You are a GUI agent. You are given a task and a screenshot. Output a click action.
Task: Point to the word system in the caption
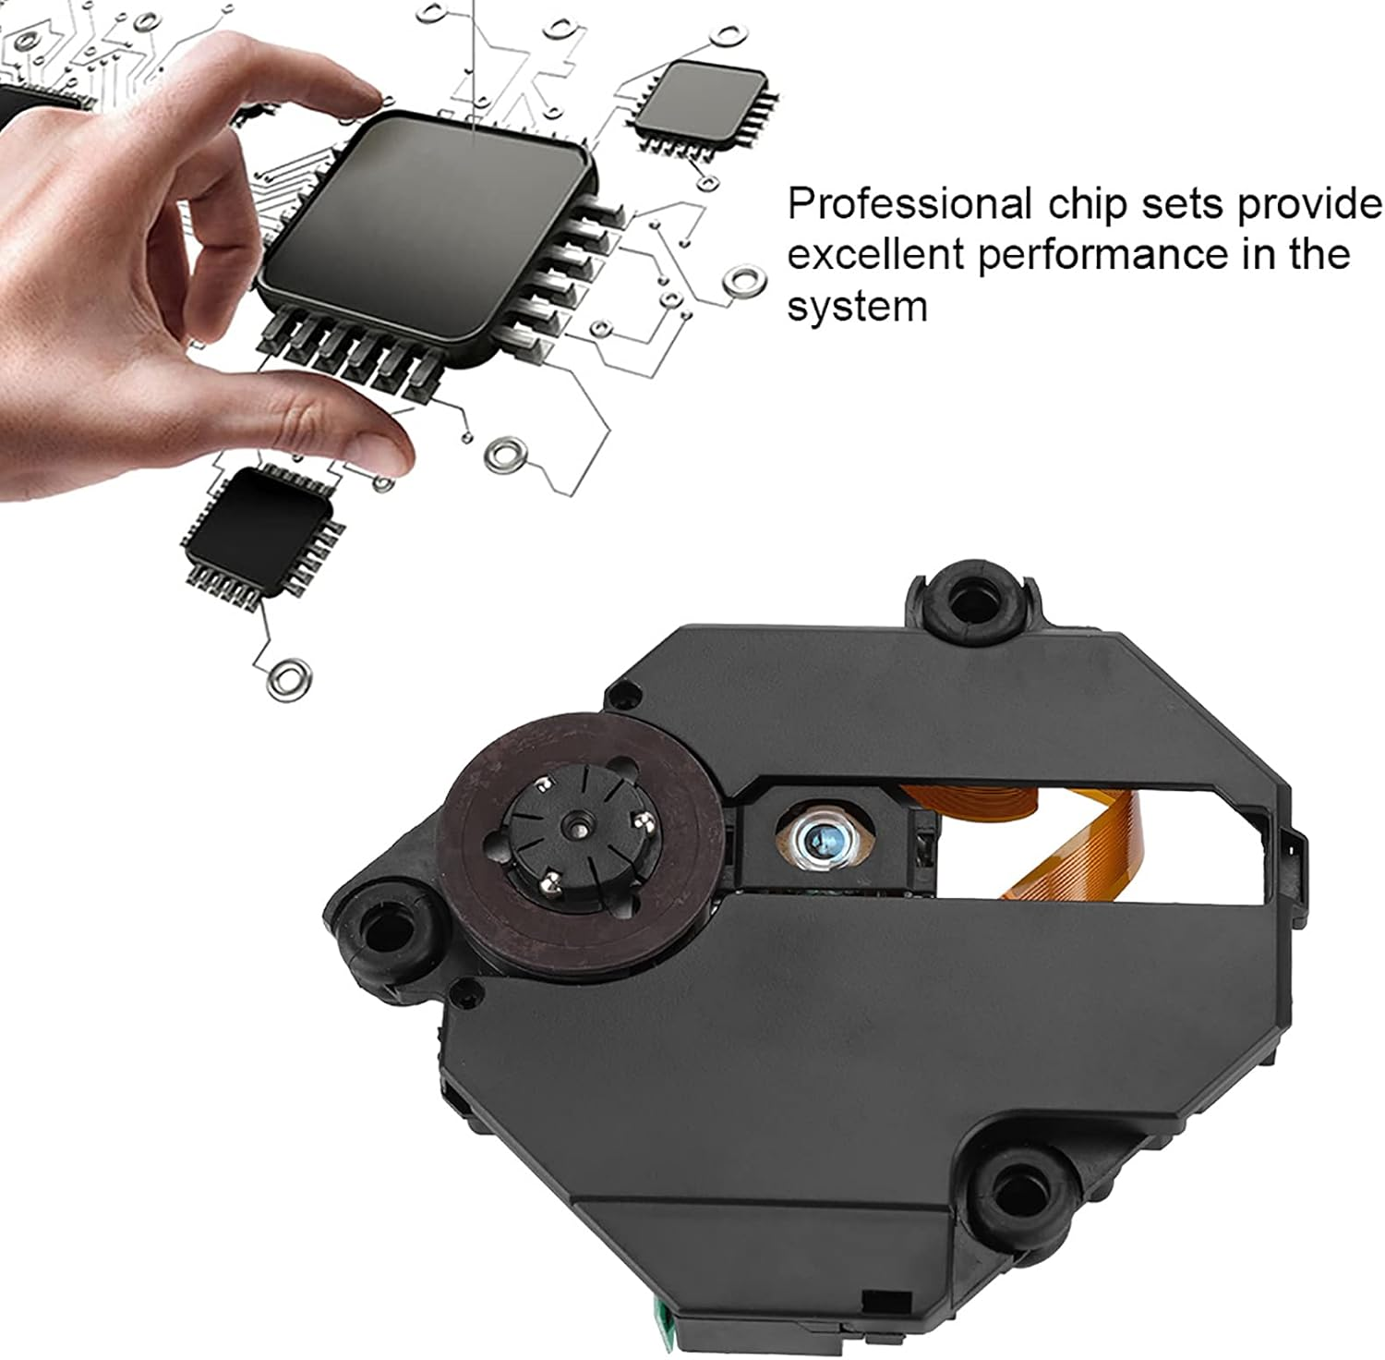point(856,306)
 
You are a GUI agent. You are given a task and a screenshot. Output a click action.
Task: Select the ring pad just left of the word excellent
point(744,280)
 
